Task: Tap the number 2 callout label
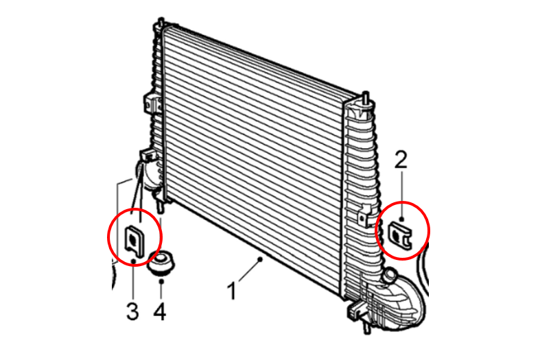(401, 160)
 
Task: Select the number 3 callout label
(132, 311)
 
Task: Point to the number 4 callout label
(159, 311)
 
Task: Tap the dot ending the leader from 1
(261, 259)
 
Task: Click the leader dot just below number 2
(401, 219)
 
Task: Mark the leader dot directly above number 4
(161, 282)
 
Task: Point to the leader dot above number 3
(133, 261)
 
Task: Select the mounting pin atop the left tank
(161, 23)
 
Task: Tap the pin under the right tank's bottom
(367, 327)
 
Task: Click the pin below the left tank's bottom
(160, 206)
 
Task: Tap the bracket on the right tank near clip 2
(364, 215)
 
